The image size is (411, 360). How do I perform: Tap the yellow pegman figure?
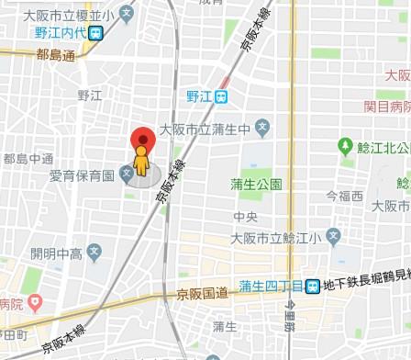140,163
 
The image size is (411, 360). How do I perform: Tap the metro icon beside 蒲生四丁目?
313,286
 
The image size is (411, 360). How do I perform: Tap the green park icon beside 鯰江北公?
346,145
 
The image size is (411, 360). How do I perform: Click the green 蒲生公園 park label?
256,184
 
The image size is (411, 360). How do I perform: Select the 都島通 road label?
56,57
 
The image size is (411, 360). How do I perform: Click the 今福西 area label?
345,196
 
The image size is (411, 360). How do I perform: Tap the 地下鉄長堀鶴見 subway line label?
367,286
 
